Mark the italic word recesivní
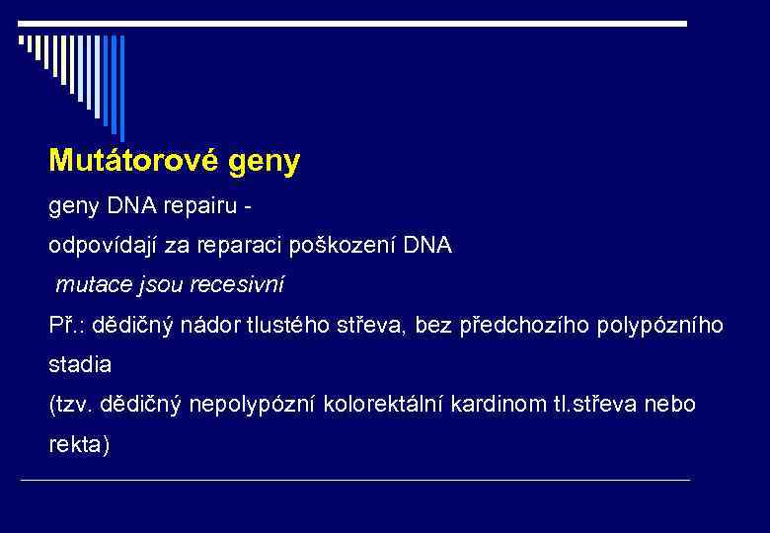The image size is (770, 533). coord(239,285)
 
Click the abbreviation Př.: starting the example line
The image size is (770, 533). coord(66,325)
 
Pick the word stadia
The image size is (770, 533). coord(80,364)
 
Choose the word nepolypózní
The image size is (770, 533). coord(262,405)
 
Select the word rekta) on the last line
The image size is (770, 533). coord(80,444)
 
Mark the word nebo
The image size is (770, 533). coord(673,405)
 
